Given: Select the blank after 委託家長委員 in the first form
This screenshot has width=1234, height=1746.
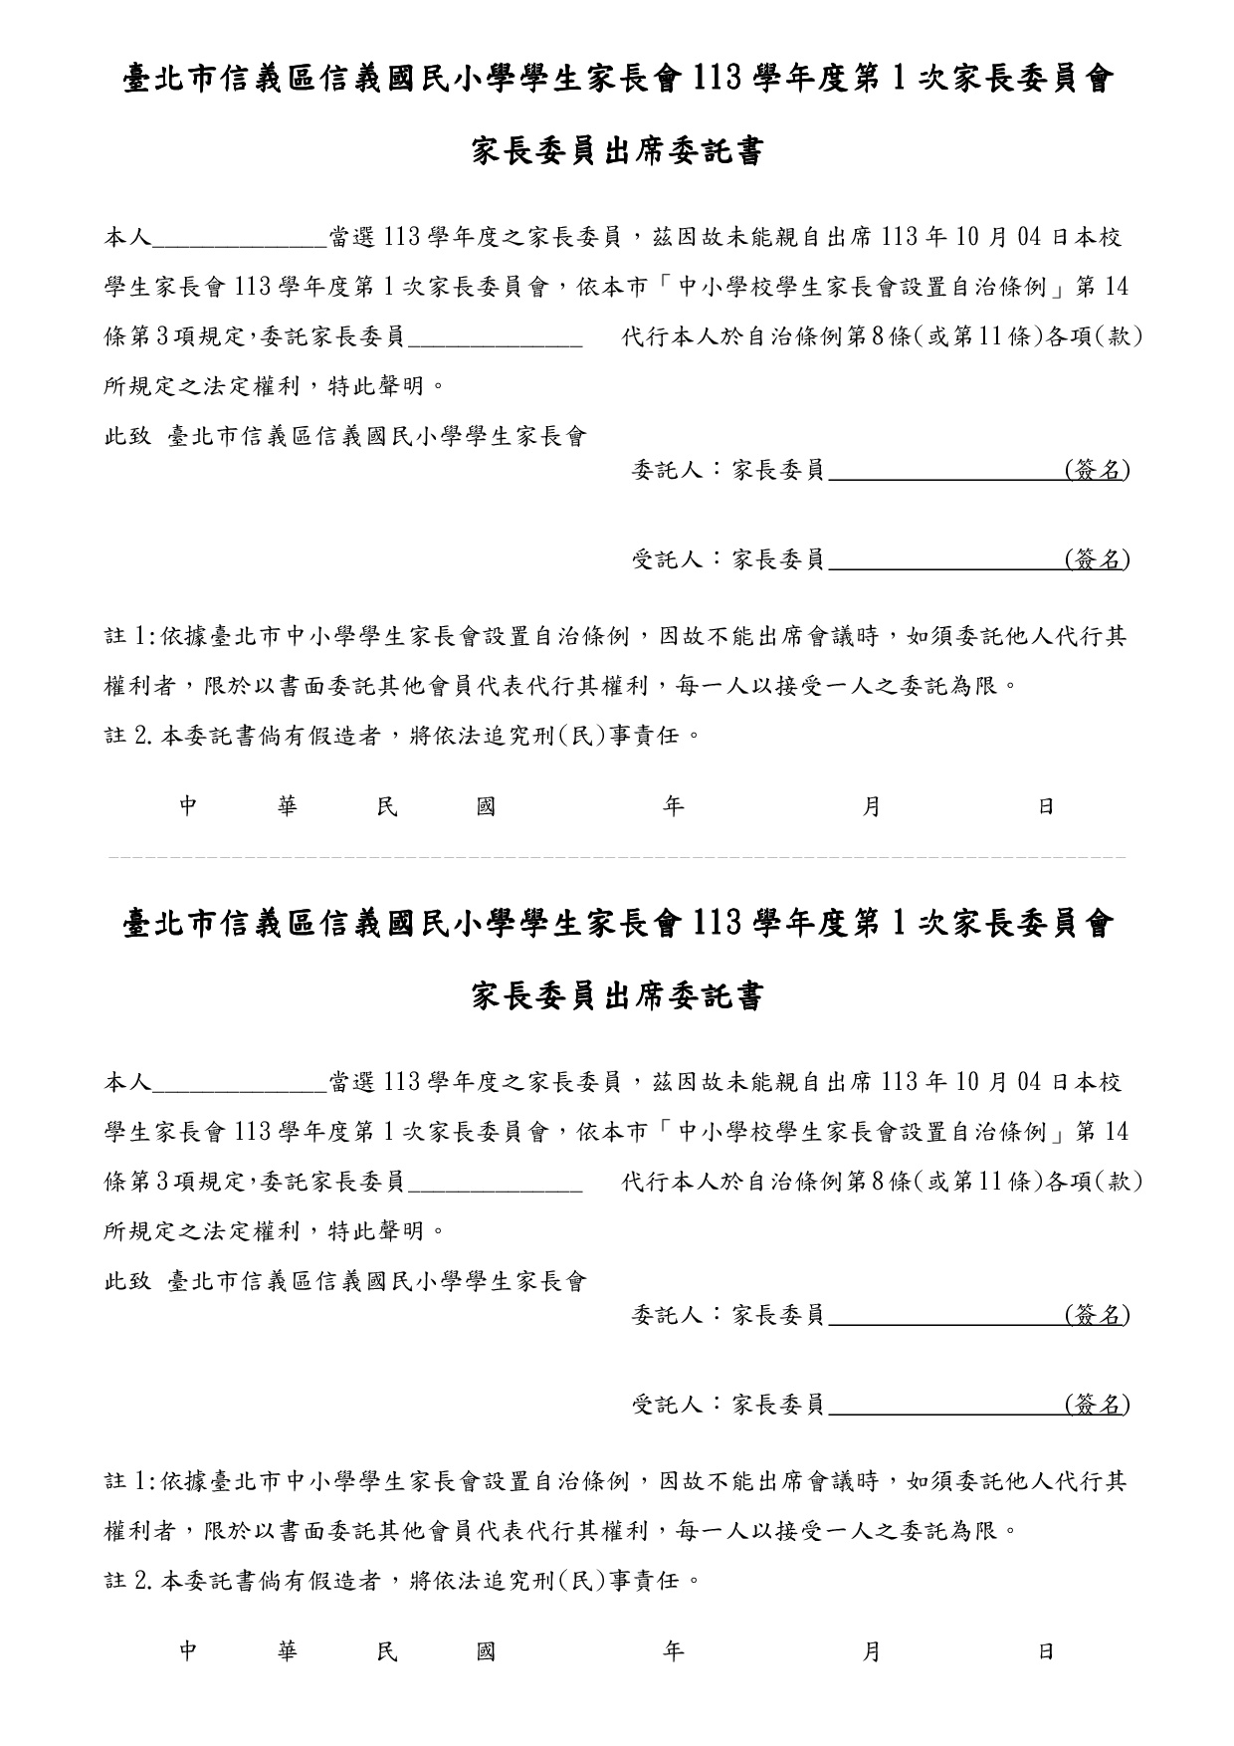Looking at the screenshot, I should (x=495, y=338).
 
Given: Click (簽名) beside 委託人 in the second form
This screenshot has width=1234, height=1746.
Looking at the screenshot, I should (x=1097, y=1315).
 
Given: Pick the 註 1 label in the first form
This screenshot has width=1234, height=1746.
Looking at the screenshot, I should (x=128, y=637).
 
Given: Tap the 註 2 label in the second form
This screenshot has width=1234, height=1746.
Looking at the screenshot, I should (x=128, y=1581).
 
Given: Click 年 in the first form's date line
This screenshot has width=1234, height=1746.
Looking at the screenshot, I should (x=674, y=807).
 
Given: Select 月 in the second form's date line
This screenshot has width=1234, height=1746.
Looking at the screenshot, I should (x=871, y=1652).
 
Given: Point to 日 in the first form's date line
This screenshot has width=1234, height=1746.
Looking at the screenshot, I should (x=1046, y=807).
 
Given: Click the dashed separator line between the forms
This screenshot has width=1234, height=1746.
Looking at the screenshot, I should (x=616, y=856).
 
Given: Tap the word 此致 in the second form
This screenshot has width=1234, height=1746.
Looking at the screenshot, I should (x=127, y=1282).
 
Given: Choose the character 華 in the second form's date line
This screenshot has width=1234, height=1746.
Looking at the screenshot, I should (x=288, y=1652).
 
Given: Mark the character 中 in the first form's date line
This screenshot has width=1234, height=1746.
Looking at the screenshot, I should (x=189, y=807).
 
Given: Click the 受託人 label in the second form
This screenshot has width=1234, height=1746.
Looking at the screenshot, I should (x=668, y=1406).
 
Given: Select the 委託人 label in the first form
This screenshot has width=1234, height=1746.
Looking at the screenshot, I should (x=668, y=470).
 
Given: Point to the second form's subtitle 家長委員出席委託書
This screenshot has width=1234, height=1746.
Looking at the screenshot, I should (x=616, y=997).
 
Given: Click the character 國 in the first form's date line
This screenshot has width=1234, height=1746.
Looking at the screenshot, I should (x=486, y=807).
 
